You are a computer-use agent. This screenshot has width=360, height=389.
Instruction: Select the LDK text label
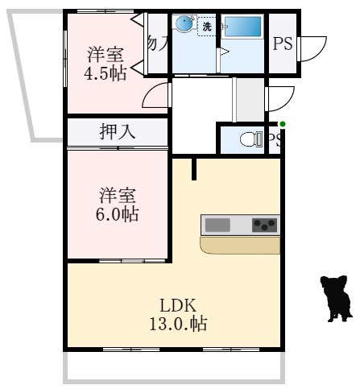(x=178, y=306)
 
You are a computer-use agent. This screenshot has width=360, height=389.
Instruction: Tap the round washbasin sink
(x=186, y=25)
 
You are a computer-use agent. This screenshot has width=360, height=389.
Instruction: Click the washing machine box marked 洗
(x=207, y=27)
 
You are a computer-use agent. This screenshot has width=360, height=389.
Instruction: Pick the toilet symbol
(x=253, y=140)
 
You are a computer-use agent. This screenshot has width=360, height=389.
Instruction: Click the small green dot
(x=282, y=123)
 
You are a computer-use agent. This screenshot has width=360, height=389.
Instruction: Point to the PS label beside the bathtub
(x=283, y=44)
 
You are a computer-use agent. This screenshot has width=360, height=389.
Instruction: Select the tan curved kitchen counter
(x=240, y=244)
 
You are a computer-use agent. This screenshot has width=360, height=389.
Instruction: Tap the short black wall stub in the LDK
(x=194, y=168)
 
